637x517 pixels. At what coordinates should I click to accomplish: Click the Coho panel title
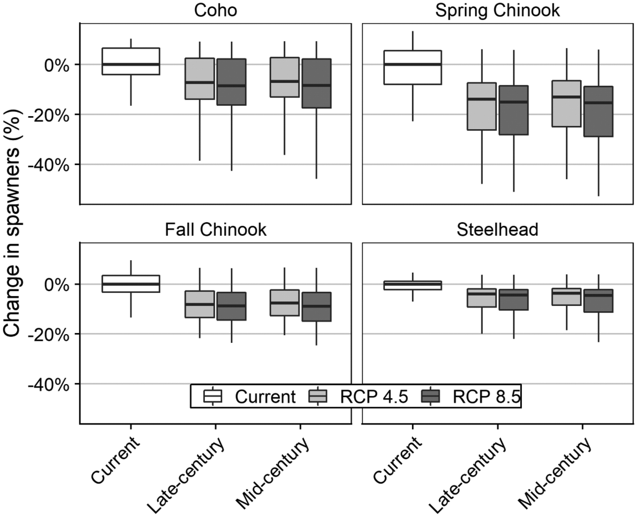(x=215, y=10)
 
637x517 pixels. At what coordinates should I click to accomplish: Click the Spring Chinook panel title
(x=497, y=10)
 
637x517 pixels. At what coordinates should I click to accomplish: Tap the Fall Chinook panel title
(x=215, y=230)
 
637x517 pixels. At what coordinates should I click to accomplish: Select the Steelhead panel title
(x=497, y=230)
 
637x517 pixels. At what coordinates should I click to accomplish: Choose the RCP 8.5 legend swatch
(x=430, y=397)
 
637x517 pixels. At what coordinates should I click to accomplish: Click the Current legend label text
(x=265, y=397)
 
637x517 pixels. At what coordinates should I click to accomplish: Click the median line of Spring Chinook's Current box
(x=413, y=64)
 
